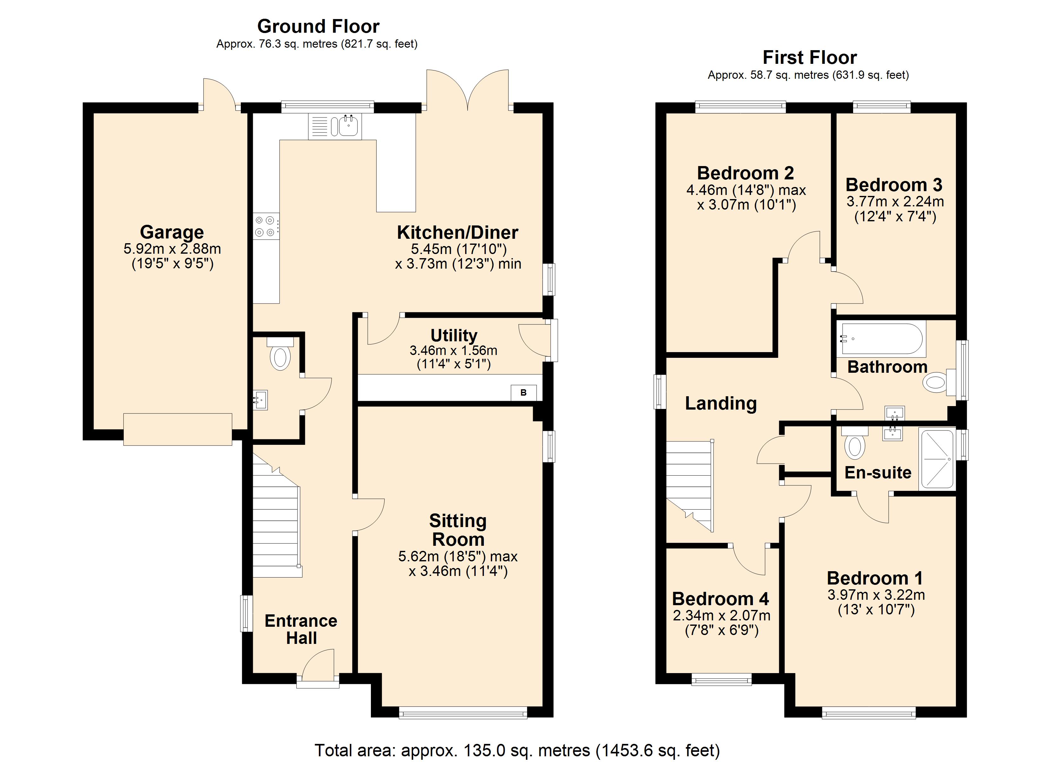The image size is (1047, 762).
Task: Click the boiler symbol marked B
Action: coord(523,393)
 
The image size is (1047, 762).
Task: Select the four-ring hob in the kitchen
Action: coord(266,226)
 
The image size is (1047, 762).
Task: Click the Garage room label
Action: coord(172,232)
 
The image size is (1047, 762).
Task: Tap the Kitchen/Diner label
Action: coord(458,232)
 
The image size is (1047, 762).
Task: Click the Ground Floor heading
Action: coord(318,26)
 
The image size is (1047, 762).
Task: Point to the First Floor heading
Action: coord(809,58)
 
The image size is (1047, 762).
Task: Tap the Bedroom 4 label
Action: coord(720,599)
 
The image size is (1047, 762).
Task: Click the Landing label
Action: coord(721,404)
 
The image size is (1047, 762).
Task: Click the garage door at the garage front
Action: coord(178,429)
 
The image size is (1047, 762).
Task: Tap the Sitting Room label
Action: coord(458,530)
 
